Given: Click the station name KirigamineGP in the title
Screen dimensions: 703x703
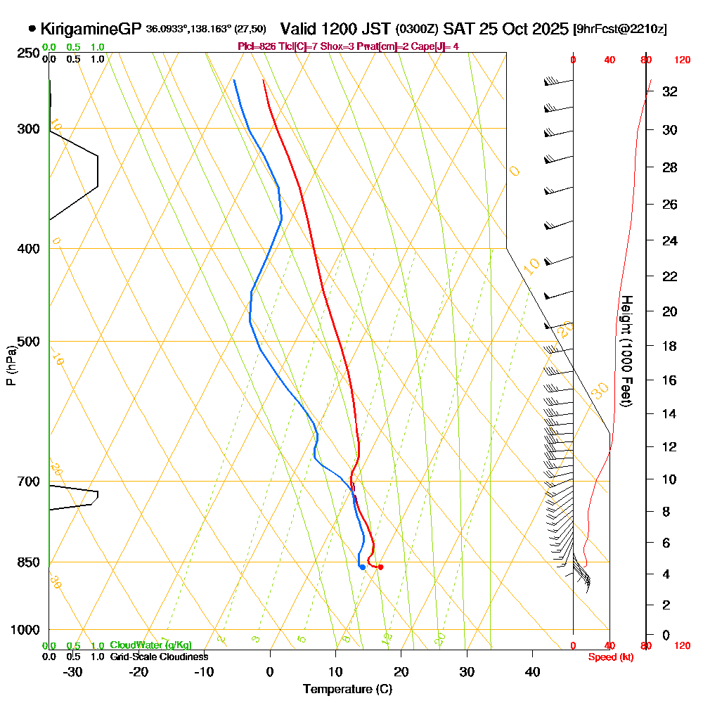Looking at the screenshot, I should click(91, 29).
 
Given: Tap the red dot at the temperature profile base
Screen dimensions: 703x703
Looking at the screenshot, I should click(380, 567).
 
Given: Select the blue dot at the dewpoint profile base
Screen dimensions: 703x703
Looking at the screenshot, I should click(362, 567).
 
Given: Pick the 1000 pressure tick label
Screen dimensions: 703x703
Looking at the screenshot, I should click(24, 630).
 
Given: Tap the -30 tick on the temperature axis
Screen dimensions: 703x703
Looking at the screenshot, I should click(73, 672).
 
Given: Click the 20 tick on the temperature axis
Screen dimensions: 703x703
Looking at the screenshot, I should click(401, 672).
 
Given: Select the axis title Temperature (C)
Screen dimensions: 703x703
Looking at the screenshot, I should click(347, 690).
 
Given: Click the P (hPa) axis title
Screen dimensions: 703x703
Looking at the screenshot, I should click(11, 366).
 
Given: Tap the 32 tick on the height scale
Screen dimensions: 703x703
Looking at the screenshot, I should click(669, 91).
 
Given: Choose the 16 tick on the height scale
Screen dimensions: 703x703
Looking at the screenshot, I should click(669, 380).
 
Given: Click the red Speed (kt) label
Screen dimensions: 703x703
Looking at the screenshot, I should click(609, 657).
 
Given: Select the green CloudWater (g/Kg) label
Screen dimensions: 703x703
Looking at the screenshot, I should click(150, 645).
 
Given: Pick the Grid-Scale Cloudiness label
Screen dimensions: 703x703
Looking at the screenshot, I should click(159, 657).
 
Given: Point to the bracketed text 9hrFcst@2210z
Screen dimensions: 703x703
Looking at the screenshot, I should click(621, 30).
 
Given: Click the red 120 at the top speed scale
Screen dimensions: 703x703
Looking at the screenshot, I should click(682, 60).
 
